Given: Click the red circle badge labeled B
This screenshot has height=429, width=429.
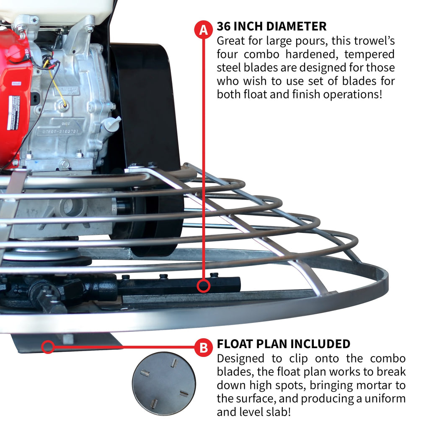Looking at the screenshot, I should (x=203, y=347).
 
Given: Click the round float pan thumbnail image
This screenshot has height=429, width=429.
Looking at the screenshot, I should (x=164, y=383).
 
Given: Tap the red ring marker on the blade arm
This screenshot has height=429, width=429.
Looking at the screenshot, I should (x=204, y=286).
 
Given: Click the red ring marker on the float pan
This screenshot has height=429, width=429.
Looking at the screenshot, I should (x=48, y=346).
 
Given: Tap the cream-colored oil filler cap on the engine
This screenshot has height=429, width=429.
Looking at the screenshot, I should (x=112, y=123).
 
